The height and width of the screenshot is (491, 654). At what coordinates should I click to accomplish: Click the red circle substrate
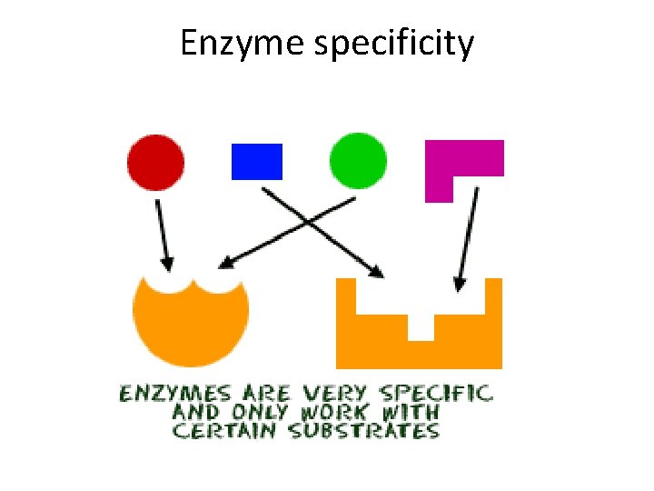tap(155, 162)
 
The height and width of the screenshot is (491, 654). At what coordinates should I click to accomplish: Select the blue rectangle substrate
tap(257, 162)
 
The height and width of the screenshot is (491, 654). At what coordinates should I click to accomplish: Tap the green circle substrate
tap(358, 161)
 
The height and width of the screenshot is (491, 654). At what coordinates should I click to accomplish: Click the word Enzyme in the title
tap(243, 44)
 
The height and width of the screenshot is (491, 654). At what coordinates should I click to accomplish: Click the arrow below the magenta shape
tap(466, 236)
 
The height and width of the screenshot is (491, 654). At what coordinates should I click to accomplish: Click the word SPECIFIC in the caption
tap(435, 394)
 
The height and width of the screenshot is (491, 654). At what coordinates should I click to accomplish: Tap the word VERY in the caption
tap(334, 394)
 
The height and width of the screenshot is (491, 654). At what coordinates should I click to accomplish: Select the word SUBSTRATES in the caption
tap(364, 430)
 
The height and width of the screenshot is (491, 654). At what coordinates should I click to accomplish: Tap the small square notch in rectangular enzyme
tap(421, 326)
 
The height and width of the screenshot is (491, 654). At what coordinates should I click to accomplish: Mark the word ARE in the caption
tap(266, 394)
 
